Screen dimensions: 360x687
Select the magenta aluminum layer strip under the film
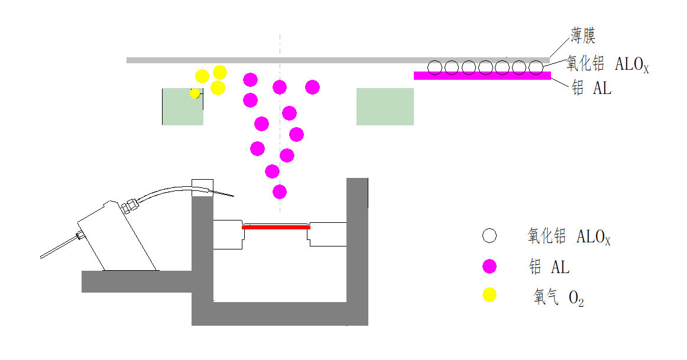pyautogui.click(x=482, y=76)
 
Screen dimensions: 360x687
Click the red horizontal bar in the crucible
pyautogui.click(x=276, y=226)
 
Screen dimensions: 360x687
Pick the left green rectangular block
pyautogui.click(x=183, y=106)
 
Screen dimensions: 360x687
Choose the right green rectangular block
pyautogui.click(x=385, y=106)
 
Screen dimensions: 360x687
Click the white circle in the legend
pyautogui.click(x=489, y=236)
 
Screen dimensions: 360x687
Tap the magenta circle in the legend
pyautogui.click(x=489, y=267)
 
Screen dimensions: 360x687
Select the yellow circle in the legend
pyautogui.click(x=489, y=295)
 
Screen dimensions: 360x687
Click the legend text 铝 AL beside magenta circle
pyautogui.click(x=549, y=267)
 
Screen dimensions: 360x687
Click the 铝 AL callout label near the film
pyautogui.click(x=591, y=89)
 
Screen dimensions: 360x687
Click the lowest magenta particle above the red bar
pyautogui.click(x=280, y=192)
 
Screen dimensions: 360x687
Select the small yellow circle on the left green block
pyautogui.click(x=195, y=93)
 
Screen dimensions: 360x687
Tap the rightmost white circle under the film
pyautogui.click(x=536, y=67)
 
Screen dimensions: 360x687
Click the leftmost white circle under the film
pyautogui.click(x=435, y=67)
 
